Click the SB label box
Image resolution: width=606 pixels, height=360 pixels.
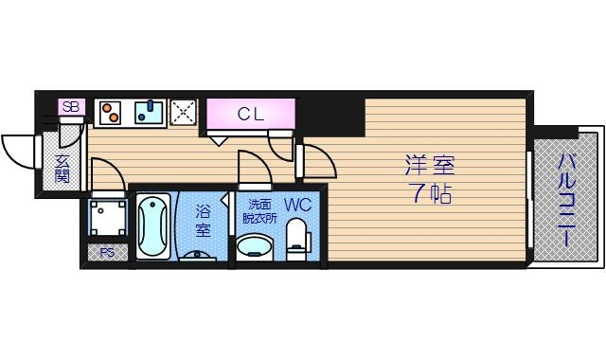pyautogui.click(x=71, y=107)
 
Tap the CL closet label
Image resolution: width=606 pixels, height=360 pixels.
pyautogui.click(x=250, y=115)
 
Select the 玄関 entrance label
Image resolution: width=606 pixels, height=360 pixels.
pyautogui.click(x=62, y=168)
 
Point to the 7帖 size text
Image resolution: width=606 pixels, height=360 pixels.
pyautogui.click(x=430, y=196)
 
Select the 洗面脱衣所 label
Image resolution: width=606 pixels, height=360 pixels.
pyautogui.click(x=258, y=209)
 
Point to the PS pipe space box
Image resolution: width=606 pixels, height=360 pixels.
pyautogui.click(x=106, y=253)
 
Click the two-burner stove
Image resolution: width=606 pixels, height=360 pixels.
pyautogui.click(x=109, y=113)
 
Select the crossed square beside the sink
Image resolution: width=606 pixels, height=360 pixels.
pyautogui.click(x=183, y=113)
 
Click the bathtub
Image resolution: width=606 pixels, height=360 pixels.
pyautogui.click(x=152, y=228)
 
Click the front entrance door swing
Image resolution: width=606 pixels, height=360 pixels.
pyautogui.click(x=20, y=150)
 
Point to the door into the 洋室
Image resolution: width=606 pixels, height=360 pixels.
pyautogui.click(x=316, y=162)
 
